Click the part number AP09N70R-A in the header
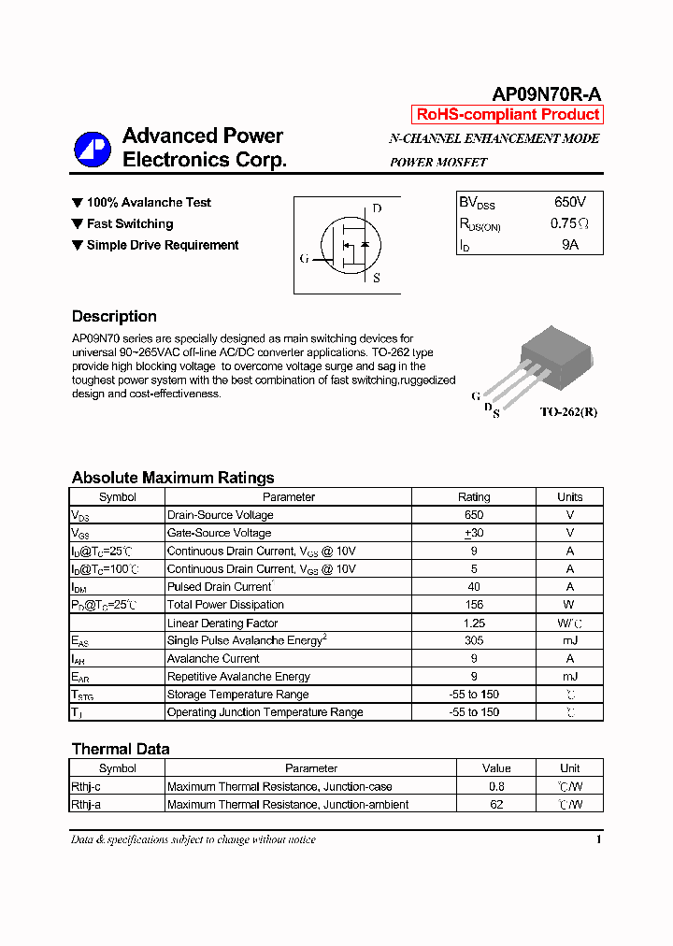pos(547,94)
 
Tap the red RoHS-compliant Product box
pos(508,115)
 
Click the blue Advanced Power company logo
pos(93,148)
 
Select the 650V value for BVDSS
pos(569,202)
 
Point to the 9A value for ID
pos(569,245)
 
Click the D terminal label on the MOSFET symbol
pos(377,208)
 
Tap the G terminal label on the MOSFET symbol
pos(304,259)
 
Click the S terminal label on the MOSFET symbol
pos(377,278)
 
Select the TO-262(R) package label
pos(567,412)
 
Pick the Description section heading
pos(114,316)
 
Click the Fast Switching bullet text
pos(130,223)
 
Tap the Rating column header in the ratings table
pos(474,497)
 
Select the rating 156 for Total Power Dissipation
pos(474,605)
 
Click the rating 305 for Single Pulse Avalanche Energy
pos(474,640)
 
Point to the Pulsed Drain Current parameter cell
pos(220,587)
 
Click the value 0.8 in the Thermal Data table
pos(496,786)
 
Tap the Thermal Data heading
pos(121,749)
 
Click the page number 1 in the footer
pos(598,839)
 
